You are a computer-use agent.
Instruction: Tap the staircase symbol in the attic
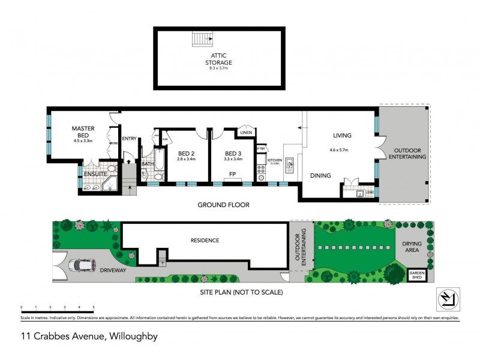click(202, 39)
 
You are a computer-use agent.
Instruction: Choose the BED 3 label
click(233, 153)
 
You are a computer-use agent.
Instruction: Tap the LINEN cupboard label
click(245, 133)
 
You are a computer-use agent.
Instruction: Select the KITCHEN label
click(275, 160)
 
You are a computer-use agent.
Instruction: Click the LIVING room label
click(343, 136)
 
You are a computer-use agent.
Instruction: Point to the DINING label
click(320, 175)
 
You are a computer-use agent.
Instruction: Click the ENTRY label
click(129, 139)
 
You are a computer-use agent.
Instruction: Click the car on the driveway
click(82, 265)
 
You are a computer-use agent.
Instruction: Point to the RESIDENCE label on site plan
click(205, 241)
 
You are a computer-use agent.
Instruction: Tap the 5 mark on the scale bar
click(94, 307)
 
